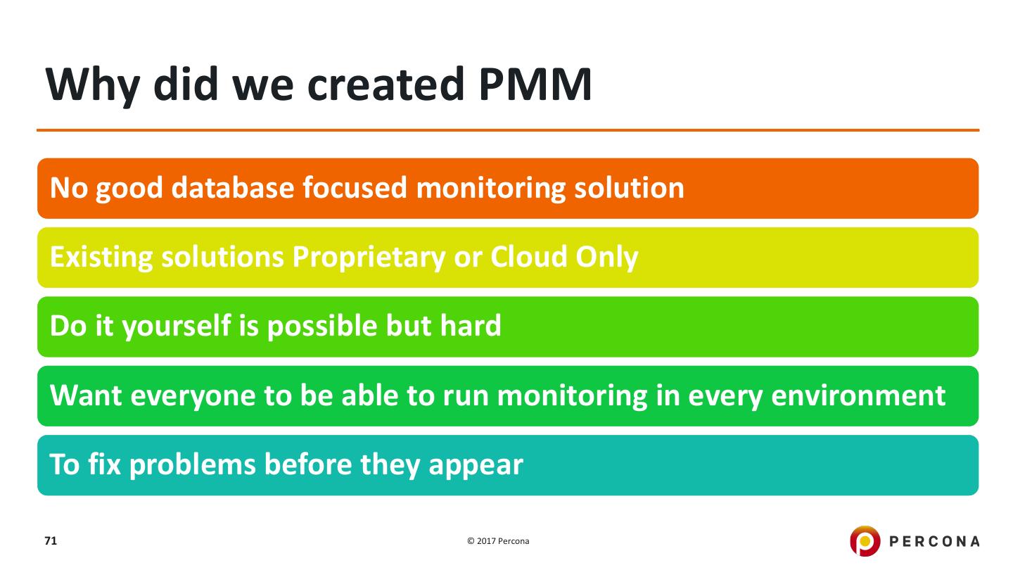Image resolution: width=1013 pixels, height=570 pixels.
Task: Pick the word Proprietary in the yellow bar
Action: click(x=369, y=258)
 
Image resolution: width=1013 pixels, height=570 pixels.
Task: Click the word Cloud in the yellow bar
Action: click(x=529, y=258)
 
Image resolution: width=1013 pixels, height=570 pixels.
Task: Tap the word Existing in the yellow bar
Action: click(x=96, y=258)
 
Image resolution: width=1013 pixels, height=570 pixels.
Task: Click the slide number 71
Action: click(x=50, y=541)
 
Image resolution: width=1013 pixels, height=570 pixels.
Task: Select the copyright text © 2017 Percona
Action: click(x=498, y=541)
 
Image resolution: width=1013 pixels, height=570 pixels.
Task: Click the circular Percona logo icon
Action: click(x=865, y=541)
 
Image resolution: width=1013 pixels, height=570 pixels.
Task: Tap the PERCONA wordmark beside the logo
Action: click(x=934, y=541)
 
